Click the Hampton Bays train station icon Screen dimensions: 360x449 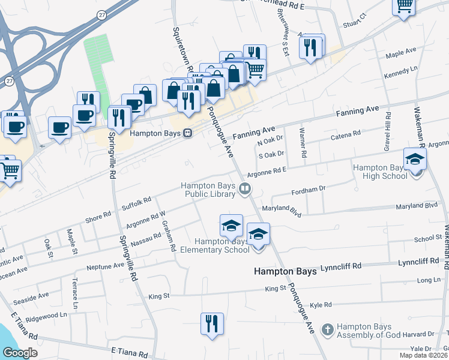(188, 133)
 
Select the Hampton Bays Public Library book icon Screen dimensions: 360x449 (245, 190)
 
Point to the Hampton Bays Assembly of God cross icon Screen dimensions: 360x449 (327, 329)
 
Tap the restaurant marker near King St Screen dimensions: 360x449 (212, 325)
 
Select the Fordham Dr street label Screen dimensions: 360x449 (308, 188)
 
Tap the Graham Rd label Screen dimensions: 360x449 (169, 235)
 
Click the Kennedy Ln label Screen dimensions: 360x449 (400, 70)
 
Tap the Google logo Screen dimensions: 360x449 (20, 353)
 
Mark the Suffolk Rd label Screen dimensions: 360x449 (136, 202)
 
